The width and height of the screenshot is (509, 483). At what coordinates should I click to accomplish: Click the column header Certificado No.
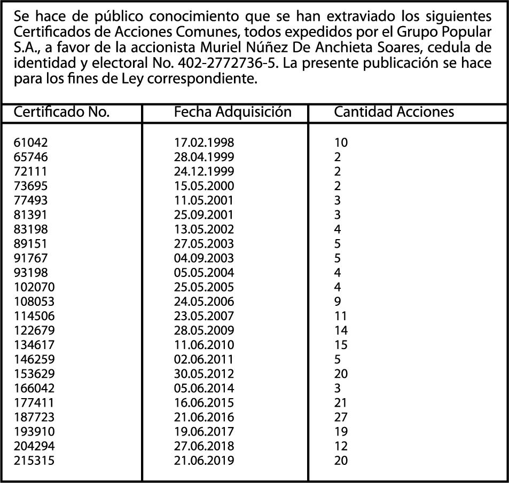[61, 112]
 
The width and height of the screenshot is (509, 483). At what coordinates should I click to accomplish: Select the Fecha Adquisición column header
[233, 112]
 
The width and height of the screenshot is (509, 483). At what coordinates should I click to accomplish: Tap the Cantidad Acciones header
[394, 112]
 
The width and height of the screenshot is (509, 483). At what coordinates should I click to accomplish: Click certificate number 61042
[31, 142]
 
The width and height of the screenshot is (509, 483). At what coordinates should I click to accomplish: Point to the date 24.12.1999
[204, 171]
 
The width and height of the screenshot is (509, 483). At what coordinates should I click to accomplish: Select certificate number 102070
[34, 287]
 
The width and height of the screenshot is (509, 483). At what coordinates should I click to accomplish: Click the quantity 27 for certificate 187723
[341, 417]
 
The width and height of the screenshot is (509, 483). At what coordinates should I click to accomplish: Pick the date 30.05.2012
[204, 374]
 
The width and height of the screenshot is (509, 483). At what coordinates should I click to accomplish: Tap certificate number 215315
[34, 460]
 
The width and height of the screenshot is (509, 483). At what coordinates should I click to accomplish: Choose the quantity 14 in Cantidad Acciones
[341, 330]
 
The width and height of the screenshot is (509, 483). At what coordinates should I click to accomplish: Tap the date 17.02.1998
[204, 142]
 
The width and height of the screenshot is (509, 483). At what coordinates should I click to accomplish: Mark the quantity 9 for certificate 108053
[338, 302]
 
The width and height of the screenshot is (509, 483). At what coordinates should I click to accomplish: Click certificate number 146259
[34, 359]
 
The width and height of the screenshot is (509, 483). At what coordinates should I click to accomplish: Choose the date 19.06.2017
[204, 431]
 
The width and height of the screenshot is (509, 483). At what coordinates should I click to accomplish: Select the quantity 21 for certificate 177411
[341, 402]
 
